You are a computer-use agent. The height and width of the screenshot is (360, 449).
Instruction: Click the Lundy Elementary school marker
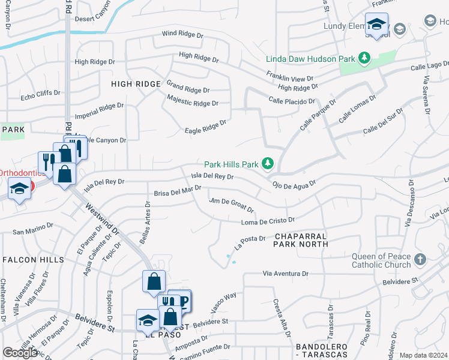coord(376,25)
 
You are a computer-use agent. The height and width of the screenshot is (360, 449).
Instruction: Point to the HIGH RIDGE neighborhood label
coord(136,84)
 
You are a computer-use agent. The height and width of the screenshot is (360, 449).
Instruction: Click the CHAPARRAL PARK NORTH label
coord(301,240)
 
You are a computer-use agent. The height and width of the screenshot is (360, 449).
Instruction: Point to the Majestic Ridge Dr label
coord(193,101)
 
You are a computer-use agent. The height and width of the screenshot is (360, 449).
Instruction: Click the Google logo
coord(20,353)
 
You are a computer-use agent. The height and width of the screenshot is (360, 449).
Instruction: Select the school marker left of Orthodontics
coord(19,190)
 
